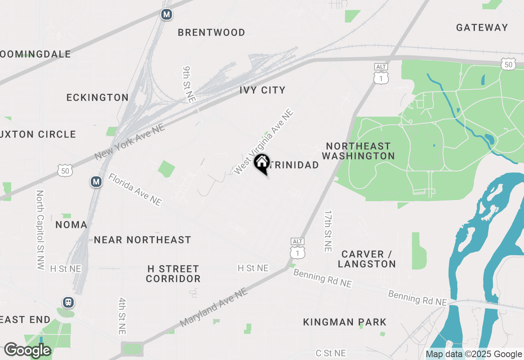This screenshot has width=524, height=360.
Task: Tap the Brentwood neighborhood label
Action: [x=211, y=32]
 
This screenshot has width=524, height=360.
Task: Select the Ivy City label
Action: [x=262, y=90]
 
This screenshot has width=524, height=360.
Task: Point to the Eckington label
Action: [x=97, y=97]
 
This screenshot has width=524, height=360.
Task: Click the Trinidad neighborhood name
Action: [x=295, y=165]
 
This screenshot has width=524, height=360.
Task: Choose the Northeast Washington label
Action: [x=358, y=151]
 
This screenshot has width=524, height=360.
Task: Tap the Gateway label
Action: [x=482, y=27]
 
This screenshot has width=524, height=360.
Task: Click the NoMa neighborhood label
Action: [x=71, y=225]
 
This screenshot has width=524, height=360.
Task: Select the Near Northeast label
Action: [x=142, y=240]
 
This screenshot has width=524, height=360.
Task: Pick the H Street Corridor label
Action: [x=173, y=274]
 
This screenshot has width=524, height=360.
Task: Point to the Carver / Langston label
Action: [x=367, y=259]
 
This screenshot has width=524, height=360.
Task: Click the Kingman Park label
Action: [x=345, y=322]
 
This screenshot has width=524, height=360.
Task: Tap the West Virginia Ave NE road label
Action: [x=264, y=142]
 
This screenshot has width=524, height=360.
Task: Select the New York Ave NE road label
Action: [x=129, y=142]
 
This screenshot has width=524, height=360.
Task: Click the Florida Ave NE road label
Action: [x=135, y=189]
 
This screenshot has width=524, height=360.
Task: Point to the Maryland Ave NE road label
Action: [x=214, y=307]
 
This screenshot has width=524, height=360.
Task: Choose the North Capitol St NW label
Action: [x=40, y=229]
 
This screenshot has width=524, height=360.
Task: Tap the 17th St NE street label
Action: [x=327, y=231]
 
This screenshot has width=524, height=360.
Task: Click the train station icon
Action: [x=68, y=302]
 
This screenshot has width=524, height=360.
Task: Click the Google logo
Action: [x=27, y=350]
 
